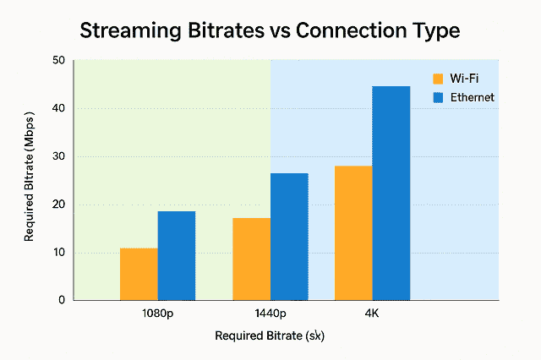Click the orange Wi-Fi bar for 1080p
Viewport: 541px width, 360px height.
(139, 274)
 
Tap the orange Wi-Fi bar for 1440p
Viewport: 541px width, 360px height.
(251, 259)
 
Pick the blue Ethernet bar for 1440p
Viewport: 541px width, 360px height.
(289, 237)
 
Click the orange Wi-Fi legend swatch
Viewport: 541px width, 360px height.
(438, 79)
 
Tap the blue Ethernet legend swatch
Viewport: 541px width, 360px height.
(438, 97)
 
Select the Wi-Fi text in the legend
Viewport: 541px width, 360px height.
(463, 79)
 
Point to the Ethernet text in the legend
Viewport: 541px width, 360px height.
(472, 97)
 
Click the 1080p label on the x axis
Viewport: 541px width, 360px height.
(159, 313)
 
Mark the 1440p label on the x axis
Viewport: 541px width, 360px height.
(270, 313)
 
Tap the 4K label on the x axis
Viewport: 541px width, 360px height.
(372, 313)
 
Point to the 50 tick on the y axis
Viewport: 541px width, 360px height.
(57, 60)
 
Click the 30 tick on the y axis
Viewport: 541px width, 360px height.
(57, 156)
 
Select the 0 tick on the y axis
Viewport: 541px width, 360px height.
(61, 300)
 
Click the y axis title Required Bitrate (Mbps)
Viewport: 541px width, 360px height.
(30, 180)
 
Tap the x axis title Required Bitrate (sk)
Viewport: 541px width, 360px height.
(270, 335)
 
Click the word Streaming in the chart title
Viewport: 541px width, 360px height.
(128, 32)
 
